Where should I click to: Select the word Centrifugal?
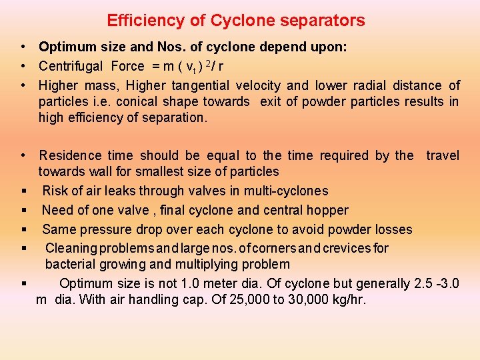[71, 66]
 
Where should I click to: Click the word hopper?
[327, 210]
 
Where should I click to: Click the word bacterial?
[69, 264]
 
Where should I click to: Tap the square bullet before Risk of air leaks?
[23, 191]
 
